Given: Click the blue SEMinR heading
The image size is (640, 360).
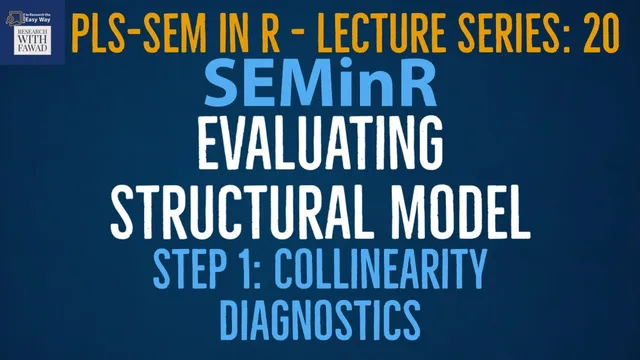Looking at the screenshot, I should (x=320, y=85).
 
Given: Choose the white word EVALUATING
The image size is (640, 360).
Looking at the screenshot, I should (x=320, y=148).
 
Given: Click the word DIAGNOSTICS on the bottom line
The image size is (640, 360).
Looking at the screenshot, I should (x=320, y=317).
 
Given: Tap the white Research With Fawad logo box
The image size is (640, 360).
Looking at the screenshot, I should (x=33, y=33).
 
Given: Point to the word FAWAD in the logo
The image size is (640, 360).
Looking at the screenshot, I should (x=33, y=51).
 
